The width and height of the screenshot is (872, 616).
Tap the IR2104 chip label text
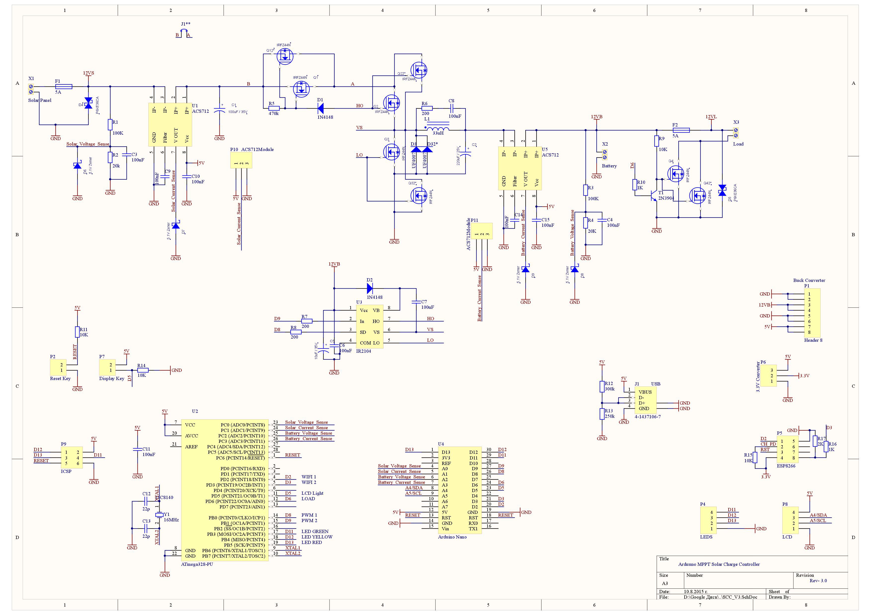364,351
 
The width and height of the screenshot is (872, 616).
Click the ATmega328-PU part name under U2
197,564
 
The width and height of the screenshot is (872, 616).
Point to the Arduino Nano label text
452,537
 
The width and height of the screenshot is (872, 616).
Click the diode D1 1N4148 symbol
320,109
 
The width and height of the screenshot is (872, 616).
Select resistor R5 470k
274,108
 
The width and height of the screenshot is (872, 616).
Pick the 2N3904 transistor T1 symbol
653,195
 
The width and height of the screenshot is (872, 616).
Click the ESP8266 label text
786,466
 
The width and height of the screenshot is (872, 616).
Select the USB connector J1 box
645,400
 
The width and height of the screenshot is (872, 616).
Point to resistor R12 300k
602,386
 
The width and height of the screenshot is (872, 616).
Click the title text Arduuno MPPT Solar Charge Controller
719,564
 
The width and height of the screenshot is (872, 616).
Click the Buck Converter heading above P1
809,280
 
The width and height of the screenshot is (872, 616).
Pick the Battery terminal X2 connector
605,154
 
